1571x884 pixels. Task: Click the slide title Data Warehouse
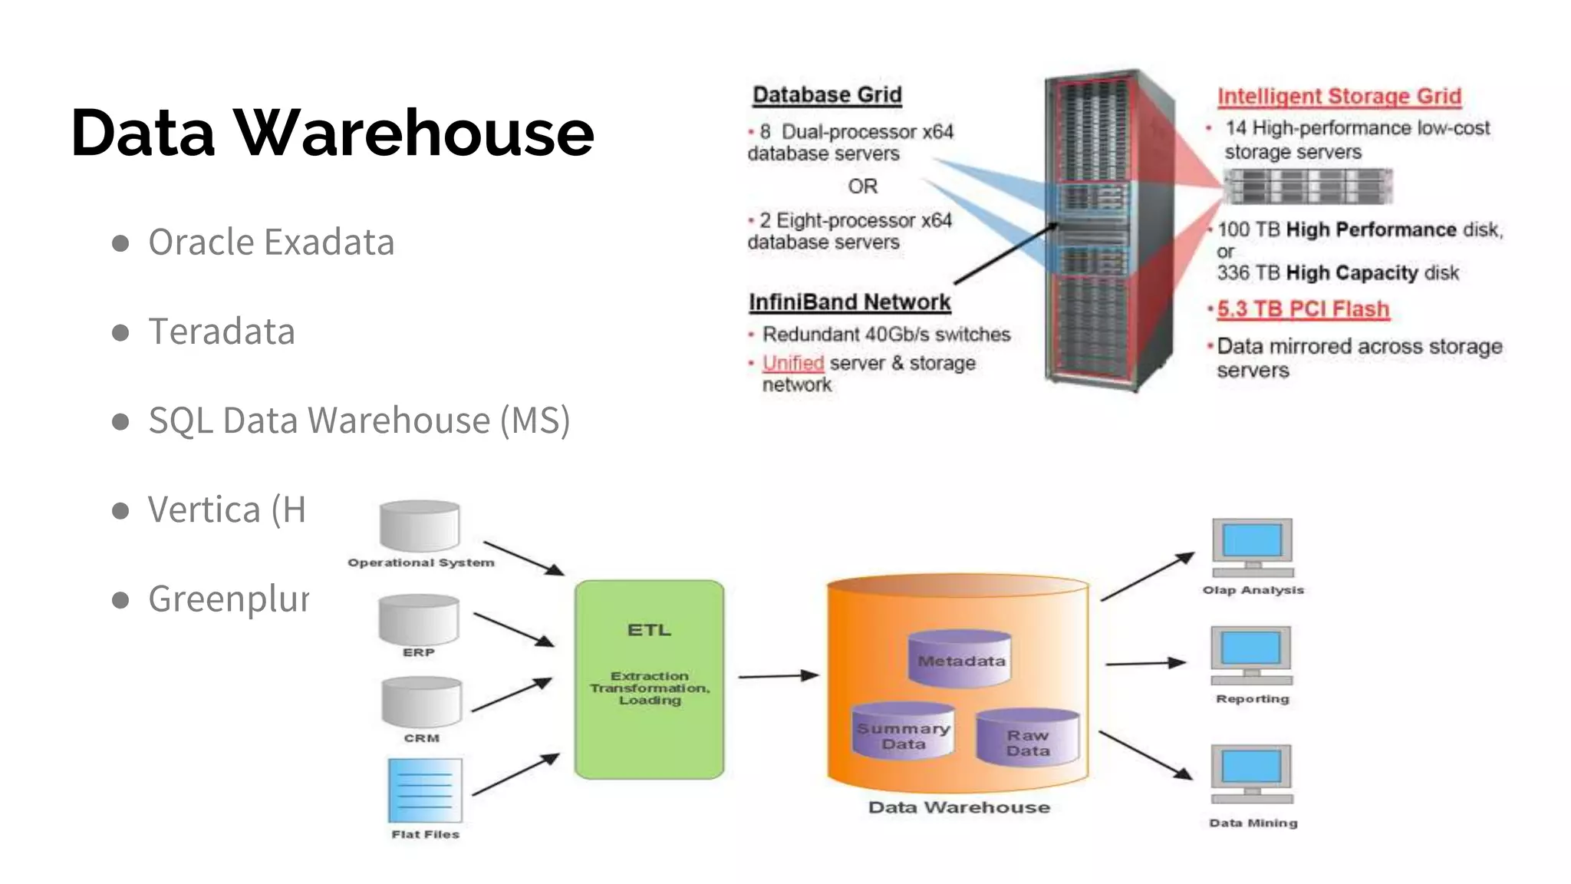(332, 133)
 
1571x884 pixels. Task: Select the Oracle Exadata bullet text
(271, 242)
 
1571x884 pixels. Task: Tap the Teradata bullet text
(221, 331)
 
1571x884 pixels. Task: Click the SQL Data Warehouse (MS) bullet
(358, 421)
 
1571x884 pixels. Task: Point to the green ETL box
(649, 680)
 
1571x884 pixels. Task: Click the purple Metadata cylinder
(960, 658)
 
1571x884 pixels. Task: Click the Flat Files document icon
(425, 790)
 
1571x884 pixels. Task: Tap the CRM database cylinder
(421, 702)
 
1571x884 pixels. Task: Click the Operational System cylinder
(420, 526)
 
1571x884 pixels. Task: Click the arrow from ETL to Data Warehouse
(777, 676)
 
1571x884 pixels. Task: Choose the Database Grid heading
(827, 95)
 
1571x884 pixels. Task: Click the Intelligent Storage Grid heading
(1339, 97)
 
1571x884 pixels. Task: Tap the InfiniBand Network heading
(849, 302)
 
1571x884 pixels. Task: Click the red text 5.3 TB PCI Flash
(1303, 309)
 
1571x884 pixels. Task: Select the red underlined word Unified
(792, 363)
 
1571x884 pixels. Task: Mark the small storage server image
(1307, 186)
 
